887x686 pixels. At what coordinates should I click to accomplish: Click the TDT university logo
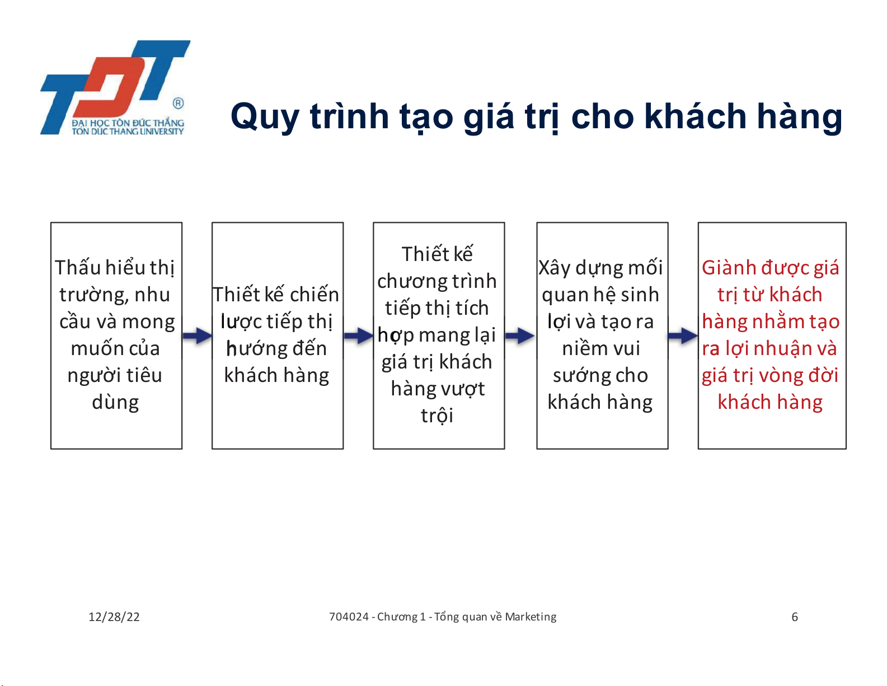coord(115,87)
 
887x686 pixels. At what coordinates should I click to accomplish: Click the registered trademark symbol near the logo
coord(178,103)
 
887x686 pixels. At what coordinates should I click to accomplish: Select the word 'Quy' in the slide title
coord(265,118)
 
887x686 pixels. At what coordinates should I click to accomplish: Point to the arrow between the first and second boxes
coord(197,336)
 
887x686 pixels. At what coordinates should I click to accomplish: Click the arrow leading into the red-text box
coord(683,336)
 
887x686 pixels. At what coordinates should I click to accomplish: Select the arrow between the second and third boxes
coord(358,336)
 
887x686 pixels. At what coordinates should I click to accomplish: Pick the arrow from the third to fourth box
coord(520,336)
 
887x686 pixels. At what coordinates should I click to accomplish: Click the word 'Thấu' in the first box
coord(78,268)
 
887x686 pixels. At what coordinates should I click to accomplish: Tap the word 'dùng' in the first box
coord(115,403)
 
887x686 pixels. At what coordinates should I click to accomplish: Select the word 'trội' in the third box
coord(437,416)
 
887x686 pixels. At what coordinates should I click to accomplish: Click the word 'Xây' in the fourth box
coord(555,268)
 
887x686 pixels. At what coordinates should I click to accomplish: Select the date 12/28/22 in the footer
coord(114,617)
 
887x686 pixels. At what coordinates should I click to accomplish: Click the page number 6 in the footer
coord(795,617)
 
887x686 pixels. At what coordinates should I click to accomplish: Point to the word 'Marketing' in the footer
coord(531,617)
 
